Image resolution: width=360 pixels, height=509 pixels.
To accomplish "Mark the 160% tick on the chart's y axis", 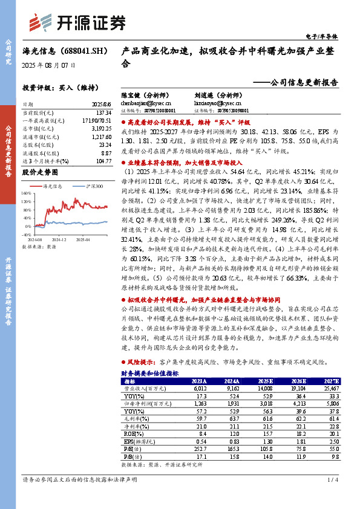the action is click(27, 193).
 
